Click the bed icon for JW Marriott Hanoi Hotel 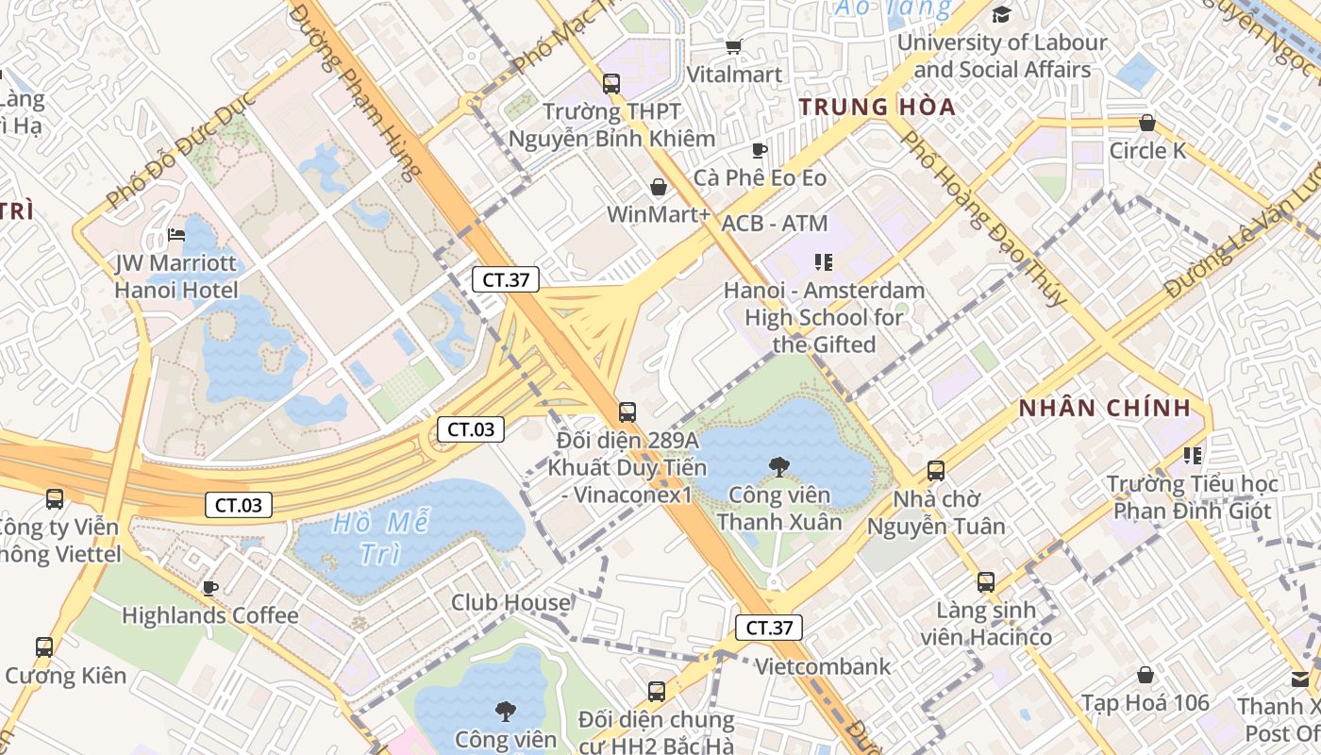tap(176, 234)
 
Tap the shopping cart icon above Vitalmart tap(733, 46)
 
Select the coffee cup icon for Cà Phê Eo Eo tap(760, 150)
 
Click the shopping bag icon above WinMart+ tap(659, 187)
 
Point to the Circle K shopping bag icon tap(1147, 123)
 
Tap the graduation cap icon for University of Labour tap(1001, 15)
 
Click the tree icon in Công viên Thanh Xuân tap(779, 465)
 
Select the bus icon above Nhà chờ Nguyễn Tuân tap(936, 470)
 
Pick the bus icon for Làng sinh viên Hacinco tap(986, 582)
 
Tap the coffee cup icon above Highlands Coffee tap(210, 588)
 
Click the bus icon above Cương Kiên tap(44, 647)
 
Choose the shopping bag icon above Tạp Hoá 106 tap(1145, 675)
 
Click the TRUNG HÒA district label tap(878, 107)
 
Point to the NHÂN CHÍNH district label tap(1105, 409)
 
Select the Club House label tap(510, 602)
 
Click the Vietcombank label tap(823, 666)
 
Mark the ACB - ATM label tap(775, 224)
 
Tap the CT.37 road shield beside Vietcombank tap(768, 627)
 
